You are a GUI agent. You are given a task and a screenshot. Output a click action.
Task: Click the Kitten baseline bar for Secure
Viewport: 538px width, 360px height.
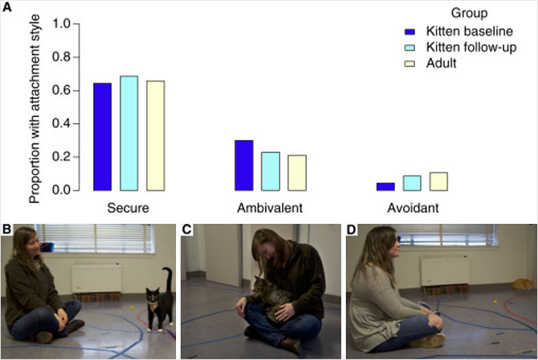pyautogui.click(x=102, y=136)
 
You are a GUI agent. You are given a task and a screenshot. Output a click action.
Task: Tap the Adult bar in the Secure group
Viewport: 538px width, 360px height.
pyautogui.click(x=155, y=135)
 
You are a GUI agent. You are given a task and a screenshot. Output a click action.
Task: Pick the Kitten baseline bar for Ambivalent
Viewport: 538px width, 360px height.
pyautogui.click(x=244, y=165)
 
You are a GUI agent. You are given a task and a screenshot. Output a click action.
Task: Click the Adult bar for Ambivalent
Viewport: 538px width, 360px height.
pyautogui.click(x=297, y=172)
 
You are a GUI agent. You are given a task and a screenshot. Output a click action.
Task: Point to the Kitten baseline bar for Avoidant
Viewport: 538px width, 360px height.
pyautogui.click(x=385, y=186)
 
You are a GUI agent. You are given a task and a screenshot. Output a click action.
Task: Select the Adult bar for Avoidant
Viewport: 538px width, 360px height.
pyautogui.click(x=438, y=181)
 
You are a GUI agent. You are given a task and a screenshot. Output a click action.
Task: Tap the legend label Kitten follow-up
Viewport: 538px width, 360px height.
pyautogui.click(x=473, y=48)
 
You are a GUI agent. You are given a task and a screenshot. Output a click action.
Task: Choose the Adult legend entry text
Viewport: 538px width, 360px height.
pyautogui.click(x=443, y=63)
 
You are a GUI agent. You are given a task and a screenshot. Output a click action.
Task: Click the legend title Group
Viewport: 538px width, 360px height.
pyautogui.click(x=468, y=12)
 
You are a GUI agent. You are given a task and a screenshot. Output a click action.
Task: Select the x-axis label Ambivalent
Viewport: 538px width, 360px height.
pyautogui.click(x=270, y=208)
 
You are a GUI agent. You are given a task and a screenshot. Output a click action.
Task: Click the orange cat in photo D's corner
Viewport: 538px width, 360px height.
pyautogui.click(x=523, y=284)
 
